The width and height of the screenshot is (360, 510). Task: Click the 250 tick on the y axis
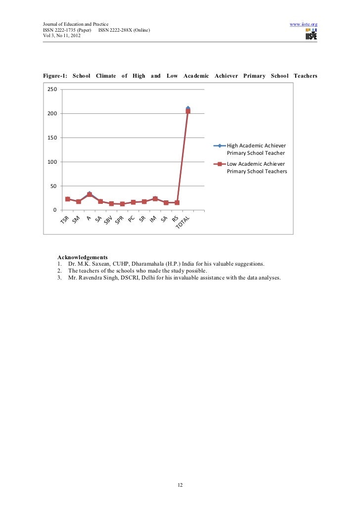52,90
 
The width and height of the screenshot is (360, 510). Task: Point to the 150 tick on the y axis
52,138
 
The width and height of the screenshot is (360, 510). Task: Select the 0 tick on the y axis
54,211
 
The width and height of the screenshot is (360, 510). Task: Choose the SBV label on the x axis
109,221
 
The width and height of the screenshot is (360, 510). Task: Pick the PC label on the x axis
132,218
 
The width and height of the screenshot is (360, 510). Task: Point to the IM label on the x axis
153,218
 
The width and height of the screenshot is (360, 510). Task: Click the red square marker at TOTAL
188,111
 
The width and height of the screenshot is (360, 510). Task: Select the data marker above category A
90,194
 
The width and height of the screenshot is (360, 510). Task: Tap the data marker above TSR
68,199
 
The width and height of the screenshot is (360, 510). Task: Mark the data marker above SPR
122,204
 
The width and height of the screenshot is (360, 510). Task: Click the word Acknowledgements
83,257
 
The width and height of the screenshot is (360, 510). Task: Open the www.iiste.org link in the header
303,24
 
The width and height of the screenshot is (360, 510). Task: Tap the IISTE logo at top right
311,34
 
